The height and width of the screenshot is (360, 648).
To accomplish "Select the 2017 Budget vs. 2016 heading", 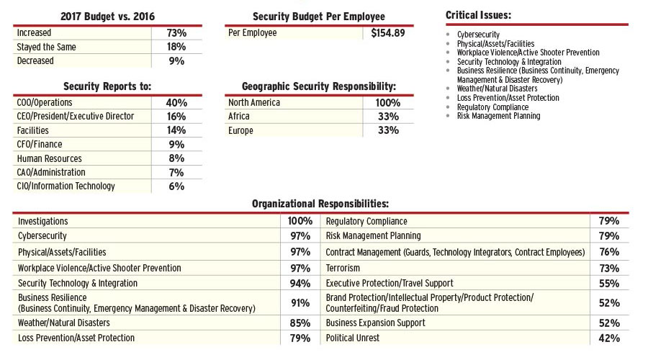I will click(107, 16).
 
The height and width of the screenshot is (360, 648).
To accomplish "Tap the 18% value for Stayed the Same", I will click(176, 48).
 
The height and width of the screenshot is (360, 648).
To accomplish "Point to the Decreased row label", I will click(35, 61).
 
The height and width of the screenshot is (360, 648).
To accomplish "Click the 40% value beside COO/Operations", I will click(176, 103).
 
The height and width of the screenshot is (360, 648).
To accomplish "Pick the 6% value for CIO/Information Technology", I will click(176, 186).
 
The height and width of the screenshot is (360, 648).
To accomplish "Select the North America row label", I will click(254, 103).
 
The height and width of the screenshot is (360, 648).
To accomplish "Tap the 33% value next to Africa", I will click(388, 117).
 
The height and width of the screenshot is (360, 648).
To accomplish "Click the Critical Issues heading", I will click(479, 15).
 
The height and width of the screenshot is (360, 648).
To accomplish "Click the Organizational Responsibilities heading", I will click(320, 204).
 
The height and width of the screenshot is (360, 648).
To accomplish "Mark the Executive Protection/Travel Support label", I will click(390, 284).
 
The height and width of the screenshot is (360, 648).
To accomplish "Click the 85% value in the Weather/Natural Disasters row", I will click(300, 323).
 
